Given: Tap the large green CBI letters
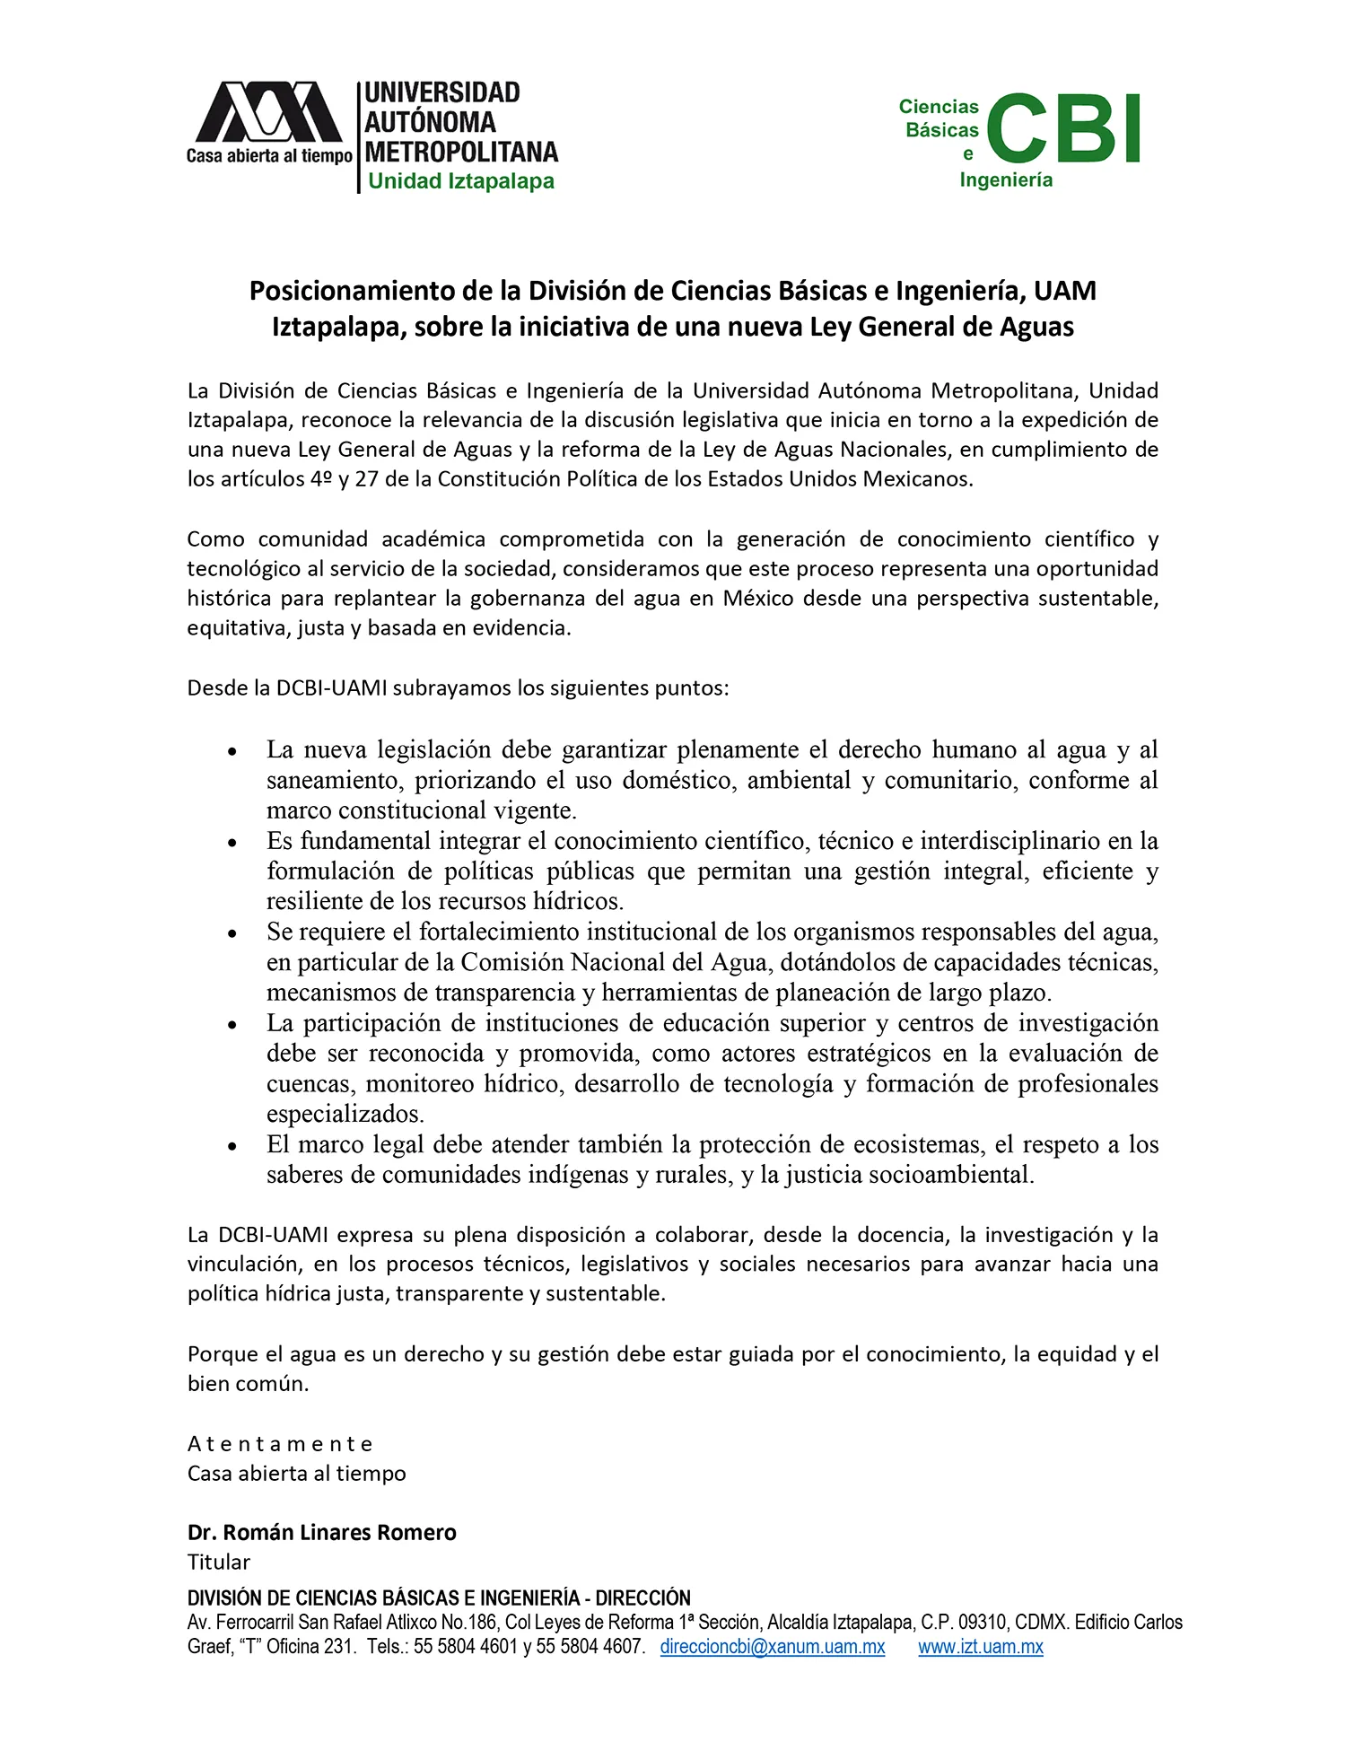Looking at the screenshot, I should (1063, 129).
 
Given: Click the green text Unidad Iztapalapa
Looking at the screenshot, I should (461, 181).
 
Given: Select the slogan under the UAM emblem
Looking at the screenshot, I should (269, 156).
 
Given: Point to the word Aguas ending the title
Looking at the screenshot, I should (1036, 327).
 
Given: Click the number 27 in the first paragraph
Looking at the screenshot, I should (366, 478).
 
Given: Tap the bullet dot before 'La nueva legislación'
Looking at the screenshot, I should (233, 751).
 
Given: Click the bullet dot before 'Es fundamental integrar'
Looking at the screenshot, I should (233, 843).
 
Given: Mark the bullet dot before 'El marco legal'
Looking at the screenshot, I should (233, 1146).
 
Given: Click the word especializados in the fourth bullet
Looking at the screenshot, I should (345, 1114).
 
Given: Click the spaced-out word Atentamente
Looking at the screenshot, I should (280, 1444).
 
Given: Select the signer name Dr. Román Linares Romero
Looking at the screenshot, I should (321, 1532).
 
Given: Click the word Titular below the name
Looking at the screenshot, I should (219, 1562).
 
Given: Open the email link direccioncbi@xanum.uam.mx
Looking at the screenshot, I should (773, 1646).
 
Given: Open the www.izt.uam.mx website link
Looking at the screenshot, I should (980, 1646).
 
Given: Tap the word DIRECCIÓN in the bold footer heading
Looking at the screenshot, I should (642, 1598).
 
